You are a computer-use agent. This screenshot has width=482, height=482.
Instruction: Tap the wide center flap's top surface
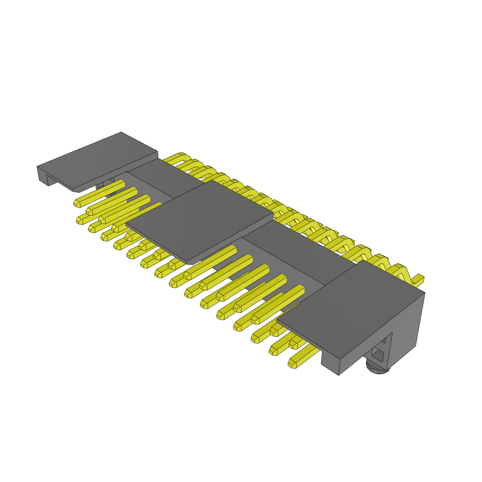pos(200,221)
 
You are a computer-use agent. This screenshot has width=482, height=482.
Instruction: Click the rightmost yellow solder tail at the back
pos(418,279)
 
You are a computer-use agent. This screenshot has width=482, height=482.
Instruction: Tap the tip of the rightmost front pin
pos(292,363)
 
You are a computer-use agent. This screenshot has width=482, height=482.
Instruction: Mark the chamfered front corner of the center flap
pos(189,262)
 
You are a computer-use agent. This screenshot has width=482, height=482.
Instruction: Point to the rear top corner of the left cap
pos(121,133)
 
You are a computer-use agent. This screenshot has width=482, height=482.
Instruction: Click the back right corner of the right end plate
pos(424,292)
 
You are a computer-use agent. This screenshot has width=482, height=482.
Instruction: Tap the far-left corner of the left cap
pos(38,167)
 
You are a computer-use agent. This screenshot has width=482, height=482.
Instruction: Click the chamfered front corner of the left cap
pos(74,190)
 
